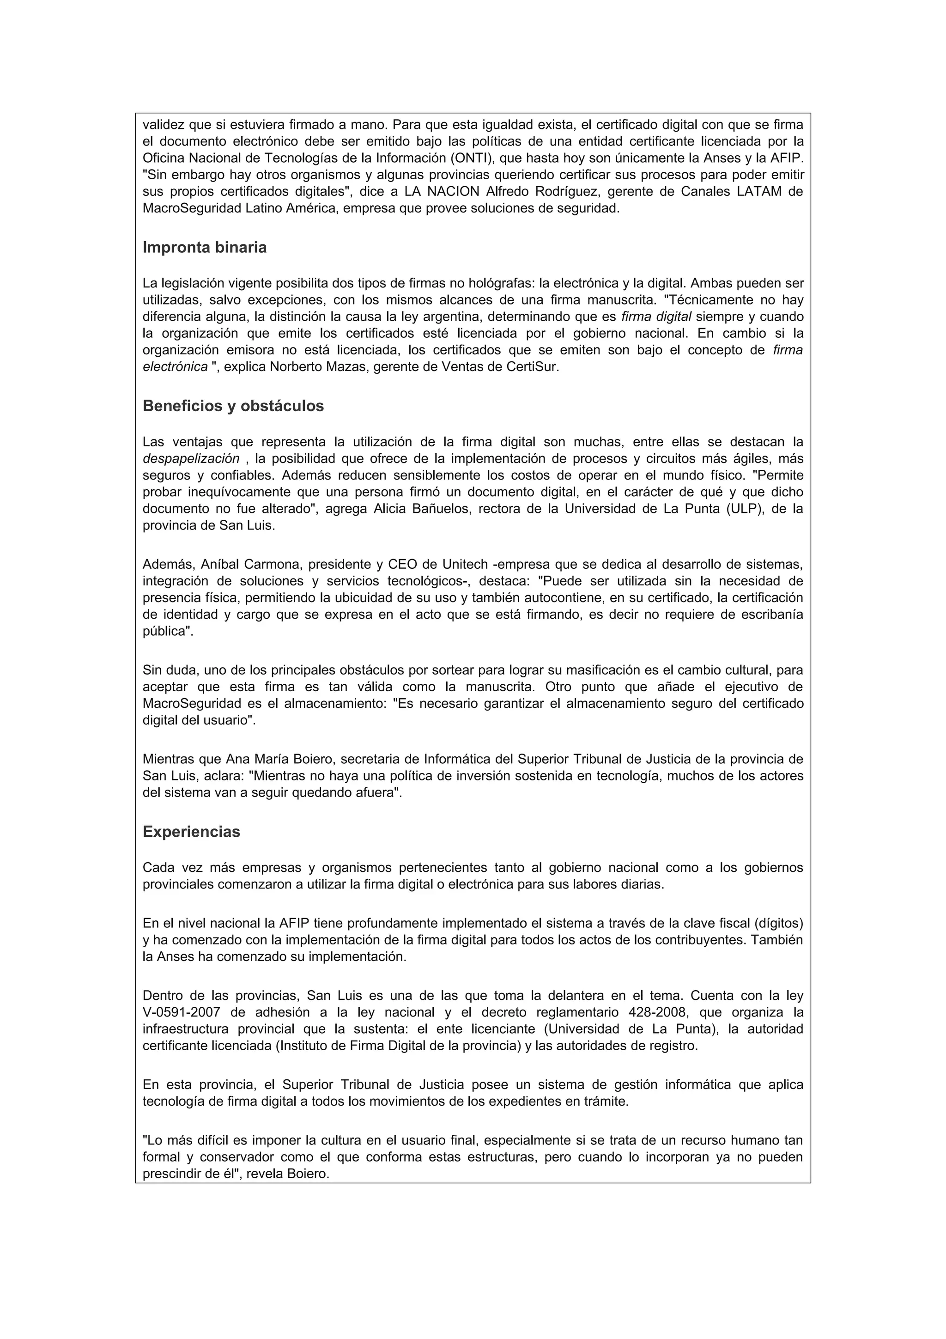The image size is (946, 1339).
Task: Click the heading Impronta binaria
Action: [205, 247]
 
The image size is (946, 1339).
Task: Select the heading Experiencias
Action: [191, 832]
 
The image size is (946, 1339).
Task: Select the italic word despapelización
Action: [191, 458]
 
